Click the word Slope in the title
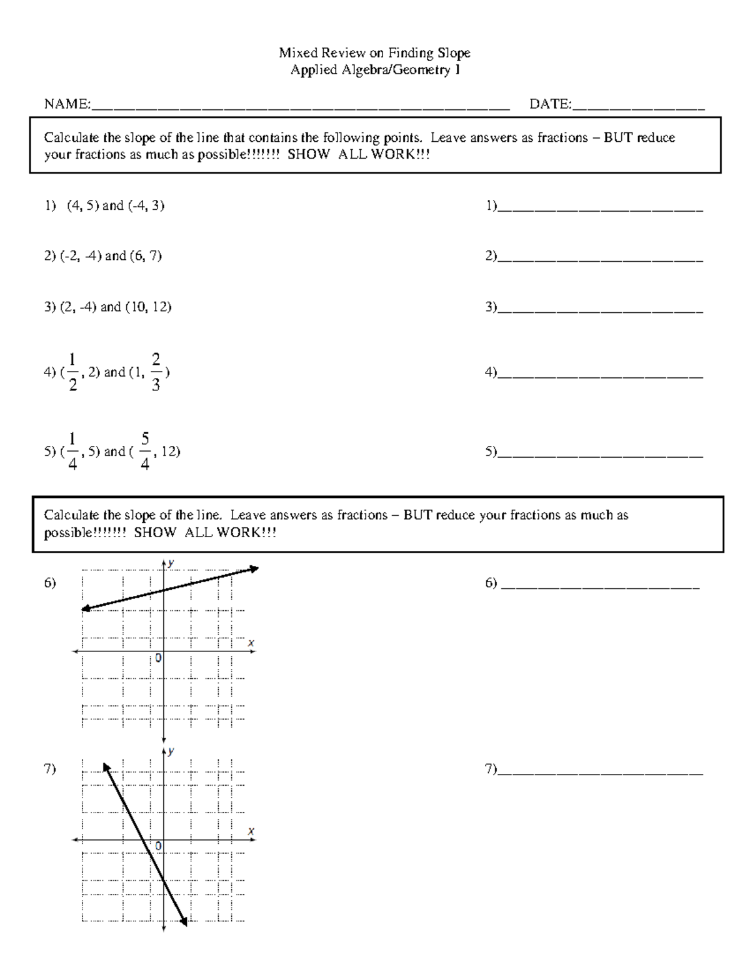tap(453, 53)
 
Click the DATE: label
tap(550, 104)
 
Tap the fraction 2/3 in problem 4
tap(156, 372)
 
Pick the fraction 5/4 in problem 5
tap(145, 451)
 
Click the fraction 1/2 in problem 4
tap(73, 372)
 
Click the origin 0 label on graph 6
tap(159, 658)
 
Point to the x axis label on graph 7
tap(251, 831)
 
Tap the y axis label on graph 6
tap(171, 563)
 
